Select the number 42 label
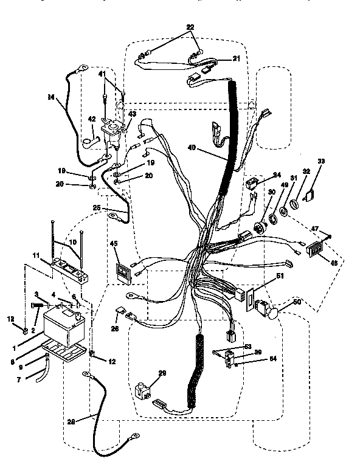pyautogui.click(x=92, y=119)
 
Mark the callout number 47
pyautogui.click(x=315, y=229)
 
